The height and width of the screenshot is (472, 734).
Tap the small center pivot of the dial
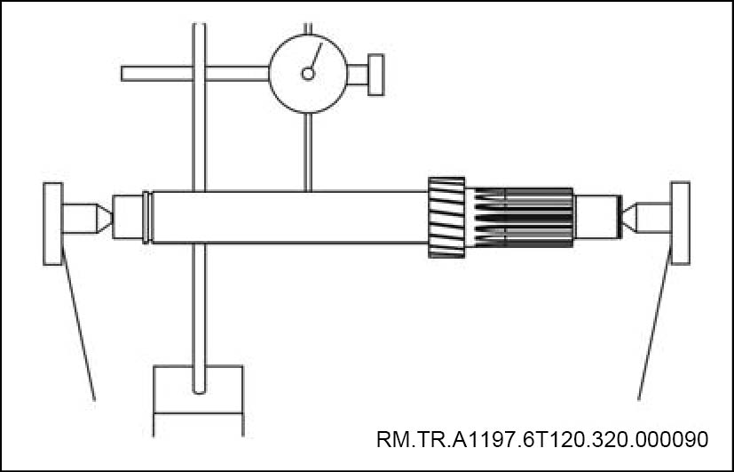click(x=307, y=75)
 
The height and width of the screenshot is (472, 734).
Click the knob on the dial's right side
click(x=375, y=74)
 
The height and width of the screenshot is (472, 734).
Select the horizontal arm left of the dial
click(x=155, y=73)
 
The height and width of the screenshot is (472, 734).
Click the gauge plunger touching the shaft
click(x=307, y=151)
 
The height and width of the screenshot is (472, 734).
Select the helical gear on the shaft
click(x=446, y=217)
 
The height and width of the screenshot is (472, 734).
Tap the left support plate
click(x=52, y=223)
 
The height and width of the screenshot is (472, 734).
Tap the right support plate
click(x=681, y=222)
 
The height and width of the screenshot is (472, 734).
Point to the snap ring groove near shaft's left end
click(x=146, y=216)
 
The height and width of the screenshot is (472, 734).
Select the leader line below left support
click(x=78, y=329)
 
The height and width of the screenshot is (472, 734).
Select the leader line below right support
click(x=651, y=329)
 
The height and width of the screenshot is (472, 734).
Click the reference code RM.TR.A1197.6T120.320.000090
click(x=541, y=439)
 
